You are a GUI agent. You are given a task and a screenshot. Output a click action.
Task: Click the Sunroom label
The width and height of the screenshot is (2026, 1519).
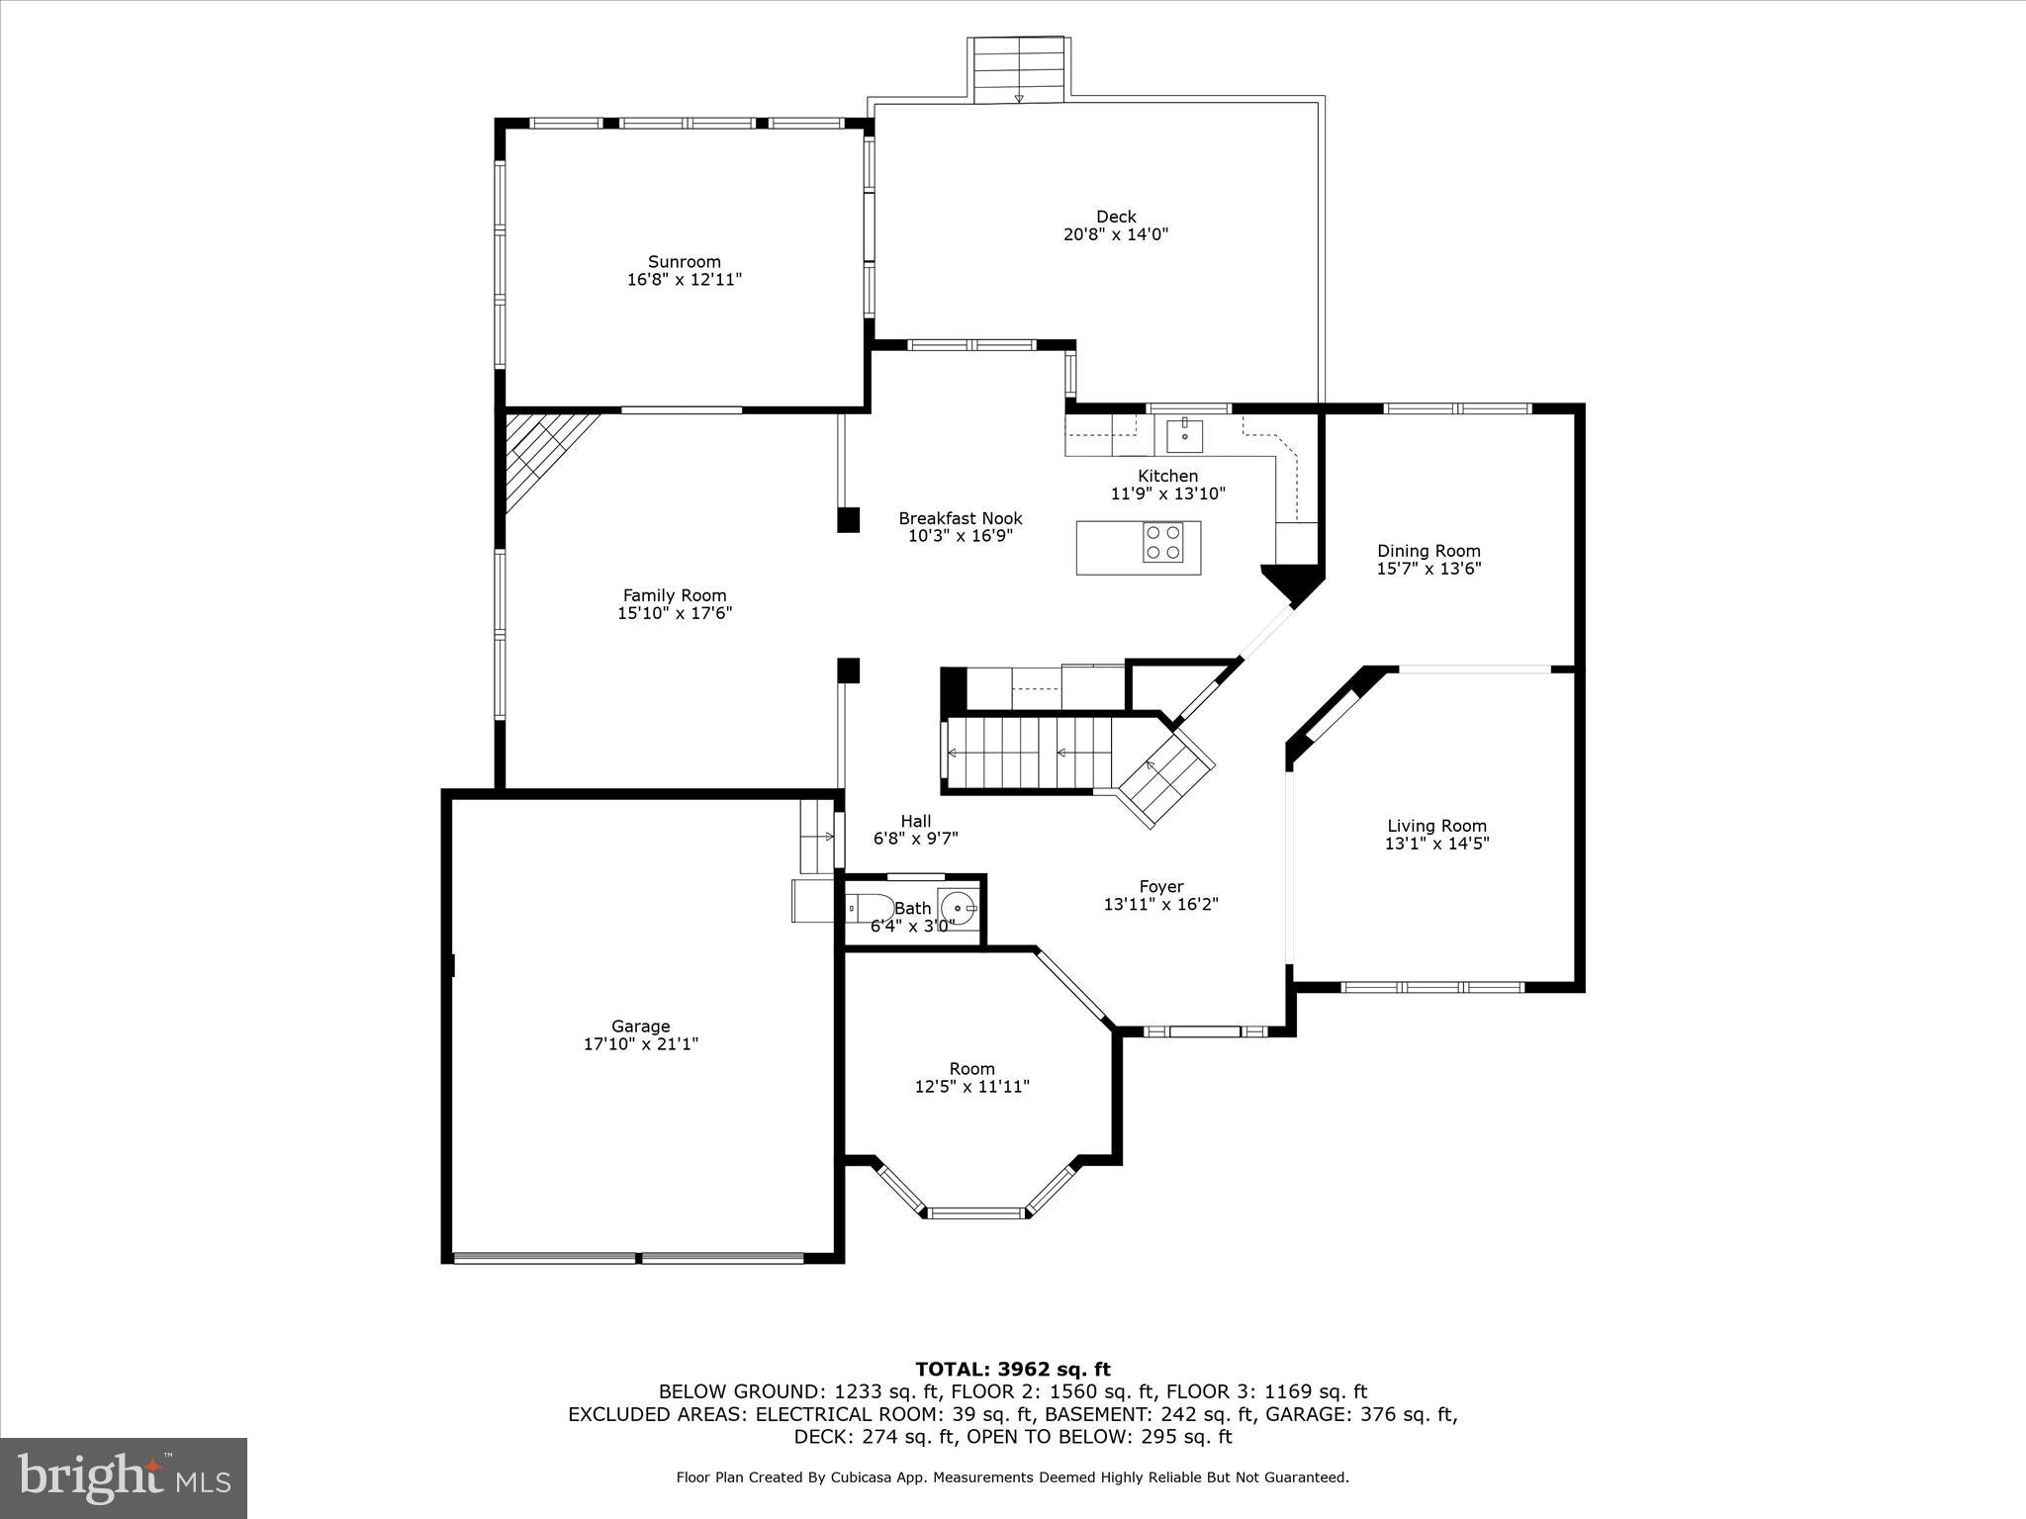(x=684, y=262)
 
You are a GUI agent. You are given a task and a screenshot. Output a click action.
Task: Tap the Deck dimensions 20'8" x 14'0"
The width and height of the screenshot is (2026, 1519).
(x=1115, y=234)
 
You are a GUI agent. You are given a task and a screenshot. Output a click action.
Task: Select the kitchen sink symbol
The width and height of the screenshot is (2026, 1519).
(x=1184, y=434)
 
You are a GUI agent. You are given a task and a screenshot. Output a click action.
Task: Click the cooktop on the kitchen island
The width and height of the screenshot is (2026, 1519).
(x=1162, y=542)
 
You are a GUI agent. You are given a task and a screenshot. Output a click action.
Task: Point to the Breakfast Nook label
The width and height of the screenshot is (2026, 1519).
(x=960, y=518)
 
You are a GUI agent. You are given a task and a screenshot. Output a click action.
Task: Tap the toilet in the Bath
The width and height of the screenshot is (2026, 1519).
(x=868, y=906)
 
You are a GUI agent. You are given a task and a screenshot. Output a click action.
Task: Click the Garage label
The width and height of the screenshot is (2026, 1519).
(x=640, y=1027)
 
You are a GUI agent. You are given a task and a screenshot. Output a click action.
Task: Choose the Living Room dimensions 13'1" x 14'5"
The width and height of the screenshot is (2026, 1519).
(x=1436, y=844)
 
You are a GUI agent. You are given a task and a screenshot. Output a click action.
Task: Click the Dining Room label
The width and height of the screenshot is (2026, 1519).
(x=1428, y=551)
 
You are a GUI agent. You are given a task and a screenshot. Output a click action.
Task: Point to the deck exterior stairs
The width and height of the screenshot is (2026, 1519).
(x=1019, y=69)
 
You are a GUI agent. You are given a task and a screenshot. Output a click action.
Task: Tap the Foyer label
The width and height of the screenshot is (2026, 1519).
(x=1160, y=887)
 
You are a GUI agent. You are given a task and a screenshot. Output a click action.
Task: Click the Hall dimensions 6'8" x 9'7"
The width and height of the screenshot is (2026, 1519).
(x=915, y=839)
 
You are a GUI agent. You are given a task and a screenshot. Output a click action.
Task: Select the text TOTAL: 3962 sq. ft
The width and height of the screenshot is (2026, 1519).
(x=1012, y=1370)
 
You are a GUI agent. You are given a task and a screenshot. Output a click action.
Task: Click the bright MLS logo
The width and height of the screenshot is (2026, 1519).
(x=124, y=1478)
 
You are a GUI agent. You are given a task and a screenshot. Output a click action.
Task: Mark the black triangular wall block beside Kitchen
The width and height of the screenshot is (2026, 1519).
(x=1292, y=582)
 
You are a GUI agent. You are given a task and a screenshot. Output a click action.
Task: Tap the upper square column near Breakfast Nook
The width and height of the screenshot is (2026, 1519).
(x=848, y=520)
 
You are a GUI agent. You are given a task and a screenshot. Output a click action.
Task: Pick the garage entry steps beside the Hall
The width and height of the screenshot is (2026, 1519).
(x=817, y=837)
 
